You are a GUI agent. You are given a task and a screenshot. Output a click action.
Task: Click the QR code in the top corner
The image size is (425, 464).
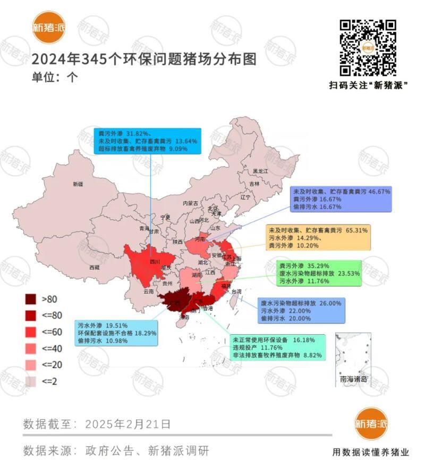(x=368, y=48)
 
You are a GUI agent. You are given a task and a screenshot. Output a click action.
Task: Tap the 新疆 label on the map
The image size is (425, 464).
(x=78, y=184)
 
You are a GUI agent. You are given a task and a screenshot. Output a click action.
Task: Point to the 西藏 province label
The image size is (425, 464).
(x=93, y=267)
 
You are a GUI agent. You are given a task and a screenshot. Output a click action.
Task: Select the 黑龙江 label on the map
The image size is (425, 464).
(x=260, y=171)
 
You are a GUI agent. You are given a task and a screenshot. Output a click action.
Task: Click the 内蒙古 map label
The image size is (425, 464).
(x=190, y=203)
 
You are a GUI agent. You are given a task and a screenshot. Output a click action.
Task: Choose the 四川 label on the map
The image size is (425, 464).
(x=154, y=262)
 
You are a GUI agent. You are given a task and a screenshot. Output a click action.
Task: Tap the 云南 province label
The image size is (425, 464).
(x=149, y=292)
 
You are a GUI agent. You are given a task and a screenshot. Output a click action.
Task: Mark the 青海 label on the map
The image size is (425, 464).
(x=144, y=228)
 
